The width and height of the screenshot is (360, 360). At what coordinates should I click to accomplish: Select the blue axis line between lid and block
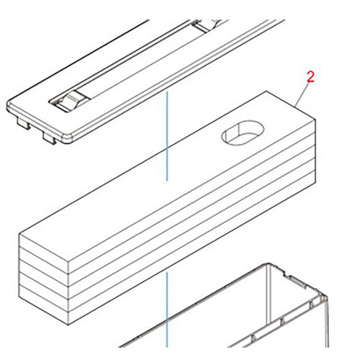coord(167,137)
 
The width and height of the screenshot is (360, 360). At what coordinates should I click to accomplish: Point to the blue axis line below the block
coord(167,310)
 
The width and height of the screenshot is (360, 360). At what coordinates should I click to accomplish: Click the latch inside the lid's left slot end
coord(66,103)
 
